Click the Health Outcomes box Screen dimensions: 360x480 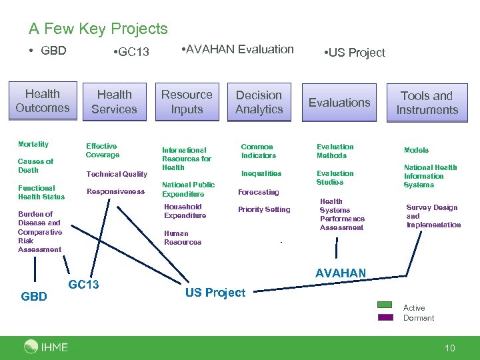click(x=43, y=101)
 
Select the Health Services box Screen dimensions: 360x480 click(x=114, y=102)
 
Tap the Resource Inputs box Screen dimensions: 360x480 click(x=187, y=102)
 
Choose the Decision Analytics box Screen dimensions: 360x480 click(x=259, y=102)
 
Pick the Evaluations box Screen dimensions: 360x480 click(x=339, y=103)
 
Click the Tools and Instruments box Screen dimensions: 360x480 click(x=427, y=103)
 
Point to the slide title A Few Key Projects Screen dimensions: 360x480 click(x=98, y=29)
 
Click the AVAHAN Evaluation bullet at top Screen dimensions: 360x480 click(x=238, y=49)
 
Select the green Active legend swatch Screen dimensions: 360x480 click(x=385, y=305)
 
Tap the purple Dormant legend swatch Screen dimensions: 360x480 click(x=385, y=317)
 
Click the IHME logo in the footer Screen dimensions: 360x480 click(x=46, y=346)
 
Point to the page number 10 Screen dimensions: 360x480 click(x=450, y=347)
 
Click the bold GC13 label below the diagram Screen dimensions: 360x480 click(x=84, y=285)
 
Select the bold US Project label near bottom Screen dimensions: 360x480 click(x=215, y=293)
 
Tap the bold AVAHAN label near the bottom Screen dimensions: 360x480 click(x=340, y=273)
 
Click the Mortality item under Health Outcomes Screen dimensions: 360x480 click(x=33, y=144)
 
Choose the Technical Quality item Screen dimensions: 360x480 click(x=117, y=174)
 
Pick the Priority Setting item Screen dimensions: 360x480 click(x=264, y=209)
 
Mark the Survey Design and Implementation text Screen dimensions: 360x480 click(x=433, y=216)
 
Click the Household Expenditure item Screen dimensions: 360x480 click(x=185, y=211)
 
